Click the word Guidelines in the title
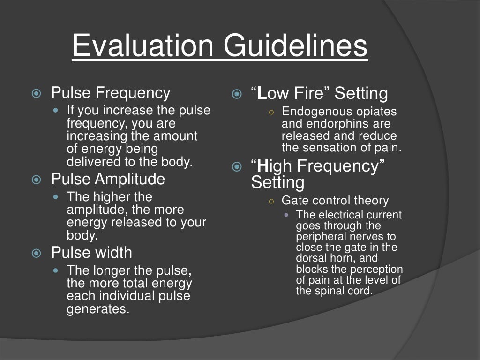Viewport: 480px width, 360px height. (295, 46)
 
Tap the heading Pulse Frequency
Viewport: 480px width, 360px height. (111, 93)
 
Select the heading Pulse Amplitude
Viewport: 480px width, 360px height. (108, 179)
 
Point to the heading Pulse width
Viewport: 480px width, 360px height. (91, 253)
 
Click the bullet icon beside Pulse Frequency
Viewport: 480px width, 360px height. (36, 94)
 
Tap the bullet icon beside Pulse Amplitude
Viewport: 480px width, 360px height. (36, 180)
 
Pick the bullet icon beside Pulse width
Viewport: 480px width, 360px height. (36, 254)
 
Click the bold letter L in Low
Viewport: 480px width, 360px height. (262, 94)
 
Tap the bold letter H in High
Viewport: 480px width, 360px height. (263, 166)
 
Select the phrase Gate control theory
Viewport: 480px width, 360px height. (335, 201)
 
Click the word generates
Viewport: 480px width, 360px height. (97, 309)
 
